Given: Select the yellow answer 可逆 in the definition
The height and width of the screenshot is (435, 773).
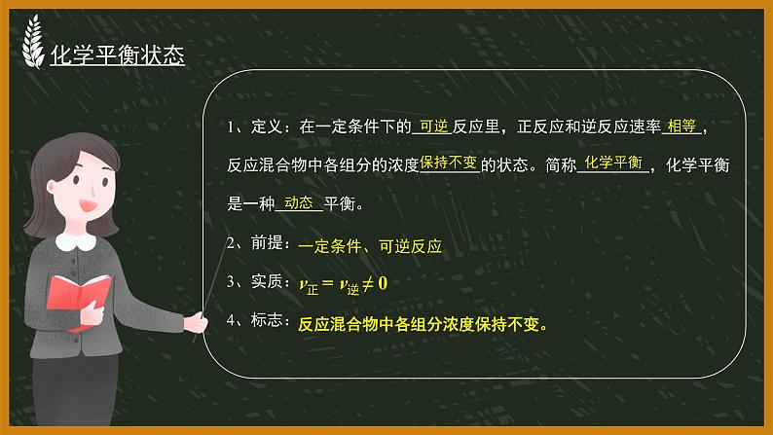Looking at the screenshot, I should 430,126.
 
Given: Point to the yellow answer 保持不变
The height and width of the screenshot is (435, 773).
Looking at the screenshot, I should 448,164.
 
